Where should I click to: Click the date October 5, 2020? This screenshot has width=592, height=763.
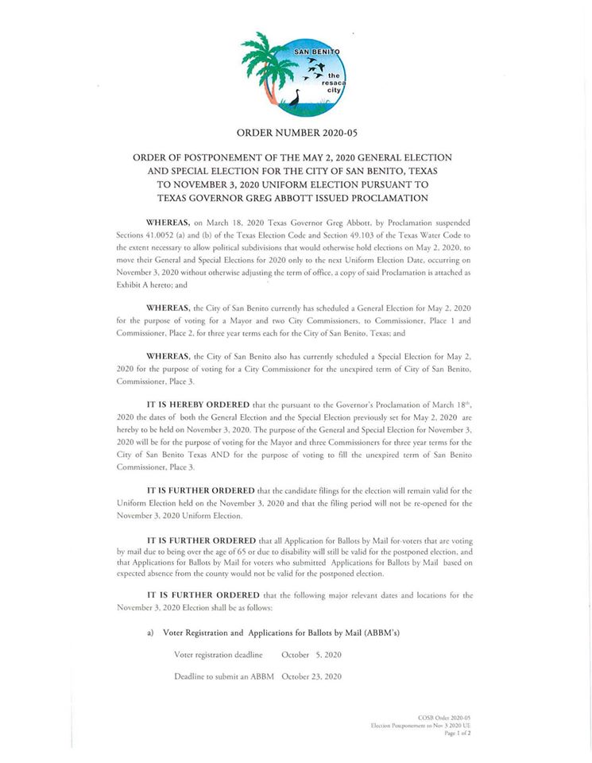311,655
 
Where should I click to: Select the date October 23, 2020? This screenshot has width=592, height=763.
311,676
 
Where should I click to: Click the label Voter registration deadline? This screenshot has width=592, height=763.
219,655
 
